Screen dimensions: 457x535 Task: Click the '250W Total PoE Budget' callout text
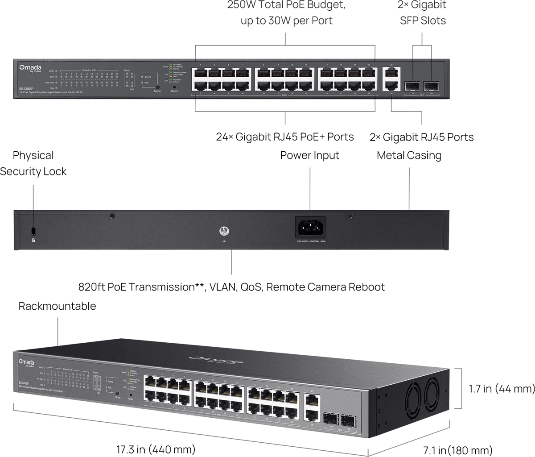coord(286,6)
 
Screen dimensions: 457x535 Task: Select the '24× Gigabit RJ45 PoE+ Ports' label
coord(285,137)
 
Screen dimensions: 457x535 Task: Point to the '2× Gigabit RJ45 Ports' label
coord(422,137)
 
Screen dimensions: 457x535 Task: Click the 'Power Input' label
coord(310,155)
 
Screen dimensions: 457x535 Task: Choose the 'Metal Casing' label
coord(409,155)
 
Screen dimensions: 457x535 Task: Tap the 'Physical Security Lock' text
coord(33,163)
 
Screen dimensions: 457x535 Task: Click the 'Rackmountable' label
coord(57,306)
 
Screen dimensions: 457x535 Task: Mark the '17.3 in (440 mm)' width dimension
coord(156,449)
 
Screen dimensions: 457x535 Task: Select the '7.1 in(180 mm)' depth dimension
coord(457,449)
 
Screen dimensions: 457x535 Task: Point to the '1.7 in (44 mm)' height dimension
coord(502,389)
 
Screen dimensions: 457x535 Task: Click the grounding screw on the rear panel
coord(223,231)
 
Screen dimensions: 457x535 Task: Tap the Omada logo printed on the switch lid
coord(216,360)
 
